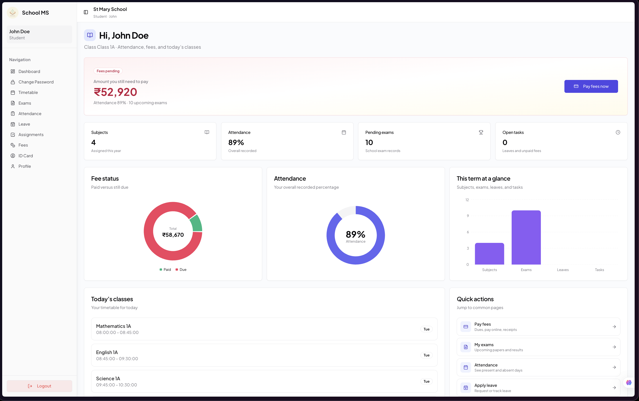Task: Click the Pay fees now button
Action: pyautogui.click(x=591, y=86)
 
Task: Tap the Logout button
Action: pyautogui.click(x=39, y=386)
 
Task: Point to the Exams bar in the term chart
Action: pyautogui.click(x=526, y=237)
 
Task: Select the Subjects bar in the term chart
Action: pyautogui.click(x=489, y=254)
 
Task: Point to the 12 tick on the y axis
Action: pyautogui.click(x=467, y=200)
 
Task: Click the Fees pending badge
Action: pyautogui.click(x=108, y=71)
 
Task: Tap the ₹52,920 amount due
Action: pyautogui.click(x=115, y=92)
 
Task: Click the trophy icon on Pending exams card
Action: pyautogui.click(x=481, y=132)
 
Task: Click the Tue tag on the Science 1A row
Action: pyautogui.click(x=426, y=381)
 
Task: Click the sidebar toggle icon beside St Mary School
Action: pyautogui.click(x=86, y=12)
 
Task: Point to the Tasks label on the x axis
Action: pyautogui.click(x=599, y=270)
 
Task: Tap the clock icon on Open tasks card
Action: pyautogui.click(x=618, y=132)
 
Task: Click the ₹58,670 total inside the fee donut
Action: pyautogui.click(x=173, y=235)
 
